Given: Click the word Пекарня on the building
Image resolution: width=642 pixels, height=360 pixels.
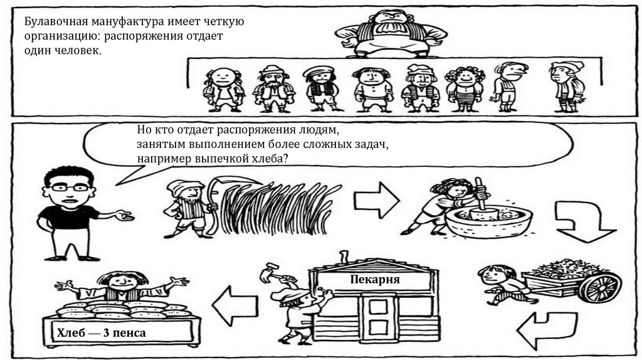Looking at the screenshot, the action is point(375,280).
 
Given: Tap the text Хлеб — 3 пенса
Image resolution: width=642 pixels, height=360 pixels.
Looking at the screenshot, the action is point(101,333).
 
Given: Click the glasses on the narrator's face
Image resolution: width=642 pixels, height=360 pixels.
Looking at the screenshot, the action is point(70,188).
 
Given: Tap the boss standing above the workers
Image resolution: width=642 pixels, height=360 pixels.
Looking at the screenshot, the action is point(391,33).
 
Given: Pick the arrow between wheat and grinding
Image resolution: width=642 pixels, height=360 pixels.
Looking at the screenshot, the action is point(376,200).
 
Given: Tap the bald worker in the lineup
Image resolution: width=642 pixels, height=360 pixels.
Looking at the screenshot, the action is point(224,90).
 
